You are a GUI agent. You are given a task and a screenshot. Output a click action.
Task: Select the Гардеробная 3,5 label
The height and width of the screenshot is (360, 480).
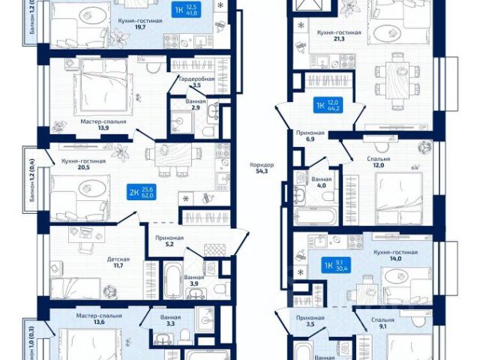[x=196, y=82]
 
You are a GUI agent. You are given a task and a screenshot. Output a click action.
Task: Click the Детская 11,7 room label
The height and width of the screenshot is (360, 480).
[x=117, y=263]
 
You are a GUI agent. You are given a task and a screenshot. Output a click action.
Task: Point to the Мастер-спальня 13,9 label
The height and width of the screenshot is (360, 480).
[x=103, y=124]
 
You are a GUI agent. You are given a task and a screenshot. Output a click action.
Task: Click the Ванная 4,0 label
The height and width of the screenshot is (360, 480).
[x=322, y=184]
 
